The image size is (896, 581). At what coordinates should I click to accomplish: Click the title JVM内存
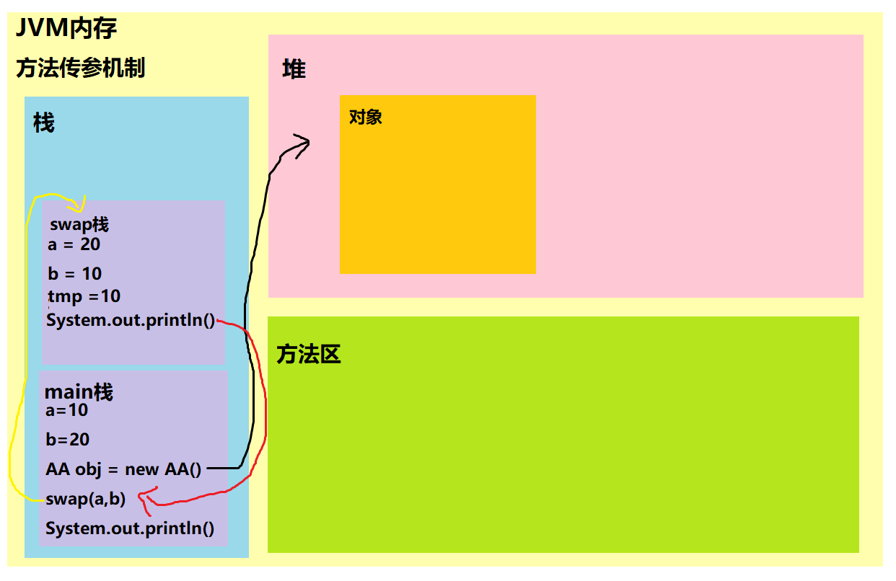(66, 28)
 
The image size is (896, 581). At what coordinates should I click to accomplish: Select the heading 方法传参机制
(81, 68)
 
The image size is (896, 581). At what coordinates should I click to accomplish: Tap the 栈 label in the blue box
(44, 123)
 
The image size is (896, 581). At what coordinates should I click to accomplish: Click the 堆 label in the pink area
(294, 70)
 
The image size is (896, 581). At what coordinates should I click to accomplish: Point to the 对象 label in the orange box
(365, 117)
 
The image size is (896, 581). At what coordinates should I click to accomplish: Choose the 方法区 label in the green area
(309, 354)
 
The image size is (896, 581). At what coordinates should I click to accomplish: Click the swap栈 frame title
(79, 224)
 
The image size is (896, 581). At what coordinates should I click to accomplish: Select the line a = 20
(74, 244)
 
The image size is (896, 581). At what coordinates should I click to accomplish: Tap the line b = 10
(74, 274)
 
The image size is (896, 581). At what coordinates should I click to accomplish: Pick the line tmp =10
(84, 296)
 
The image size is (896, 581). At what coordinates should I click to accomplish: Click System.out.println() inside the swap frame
(131, 320)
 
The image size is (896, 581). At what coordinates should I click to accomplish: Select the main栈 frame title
(79, 392)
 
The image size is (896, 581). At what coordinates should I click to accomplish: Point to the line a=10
(66, 410)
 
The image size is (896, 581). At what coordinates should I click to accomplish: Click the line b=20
(67, 439)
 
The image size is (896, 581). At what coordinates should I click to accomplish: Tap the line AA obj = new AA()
(123, 469)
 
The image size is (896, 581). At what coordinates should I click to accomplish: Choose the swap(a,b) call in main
(85, 499)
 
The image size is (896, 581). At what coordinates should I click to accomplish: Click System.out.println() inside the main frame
(130, 528)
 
